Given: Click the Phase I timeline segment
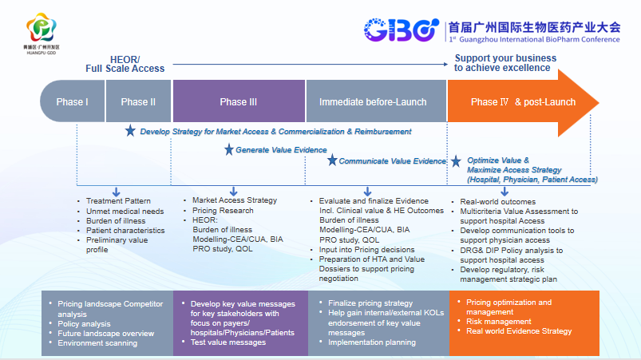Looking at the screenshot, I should (x=72, y=102).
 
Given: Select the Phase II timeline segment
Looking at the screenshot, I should (x=138, y=102).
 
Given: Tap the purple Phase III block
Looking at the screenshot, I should (x=239, y=102).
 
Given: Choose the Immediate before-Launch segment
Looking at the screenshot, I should (x=373, y=102).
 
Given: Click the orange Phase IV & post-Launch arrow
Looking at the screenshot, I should (x=519, y=102).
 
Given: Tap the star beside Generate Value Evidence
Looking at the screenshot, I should (x=229, y=149).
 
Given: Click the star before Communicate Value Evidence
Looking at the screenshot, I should (x=332, y=160).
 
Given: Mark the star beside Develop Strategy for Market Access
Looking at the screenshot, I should (x=130, y=131).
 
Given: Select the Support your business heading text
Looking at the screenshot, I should (x=503, y=62).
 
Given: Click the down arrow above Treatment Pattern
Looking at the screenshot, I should (x=117, y=192).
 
